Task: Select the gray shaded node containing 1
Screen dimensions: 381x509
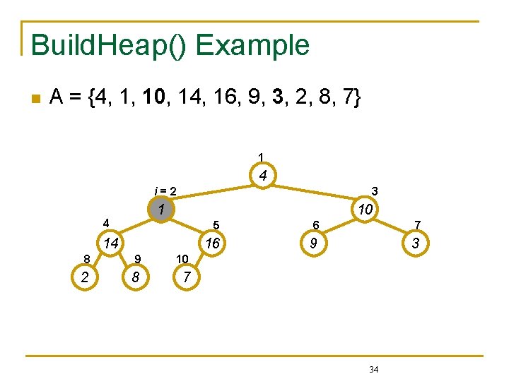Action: tap(161, 210)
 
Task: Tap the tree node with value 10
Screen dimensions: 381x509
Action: tap(365, 210)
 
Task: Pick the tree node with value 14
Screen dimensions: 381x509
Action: tap(109, 243)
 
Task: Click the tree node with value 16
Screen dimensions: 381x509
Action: tap(212, 243)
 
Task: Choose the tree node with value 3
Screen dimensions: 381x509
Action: tap(416, 243)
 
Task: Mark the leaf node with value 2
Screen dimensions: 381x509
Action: tap(85, 277)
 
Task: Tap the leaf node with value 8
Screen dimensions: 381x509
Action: tap(135, 277)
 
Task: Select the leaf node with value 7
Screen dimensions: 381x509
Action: tap(186, 277)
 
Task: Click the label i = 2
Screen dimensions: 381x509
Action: tap(165, 190)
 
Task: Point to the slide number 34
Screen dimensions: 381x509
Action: tap(373, 369)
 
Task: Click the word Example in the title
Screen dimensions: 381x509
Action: tap(252, 45)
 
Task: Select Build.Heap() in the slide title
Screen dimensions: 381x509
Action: tap(109, 45)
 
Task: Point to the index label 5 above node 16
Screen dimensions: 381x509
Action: tap(218, 225)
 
